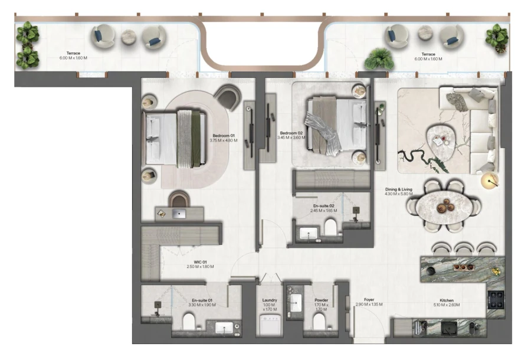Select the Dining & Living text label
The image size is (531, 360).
[399, 191]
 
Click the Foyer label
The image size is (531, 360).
[369, 301]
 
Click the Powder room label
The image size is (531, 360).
[321, 303]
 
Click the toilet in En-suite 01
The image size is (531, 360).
[189, 321]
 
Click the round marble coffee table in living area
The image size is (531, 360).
[440, 139]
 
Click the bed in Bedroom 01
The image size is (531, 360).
[175, 139]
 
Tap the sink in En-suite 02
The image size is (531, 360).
[309, 234]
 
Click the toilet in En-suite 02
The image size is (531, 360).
[331, 227]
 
